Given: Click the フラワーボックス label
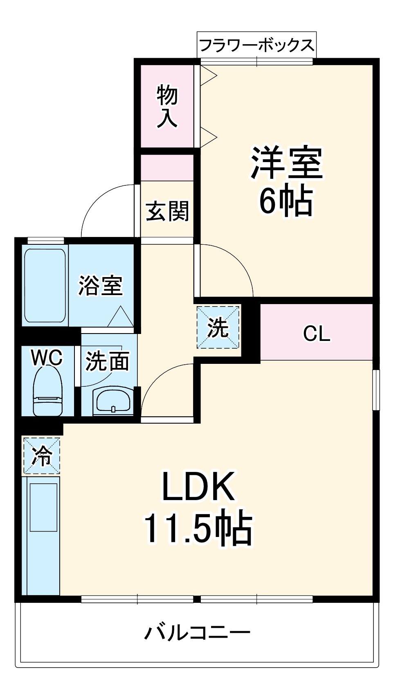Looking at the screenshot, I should point(256,45).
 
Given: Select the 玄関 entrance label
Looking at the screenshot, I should point(168,211).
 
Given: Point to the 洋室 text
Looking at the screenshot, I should point(287,162).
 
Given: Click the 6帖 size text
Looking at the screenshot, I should point(286,201).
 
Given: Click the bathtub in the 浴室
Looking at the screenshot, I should point(45,285).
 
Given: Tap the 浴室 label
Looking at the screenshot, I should point(101,285).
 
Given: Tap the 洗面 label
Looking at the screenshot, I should point(107,361).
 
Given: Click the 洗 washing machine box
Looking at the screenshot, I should point(218,327).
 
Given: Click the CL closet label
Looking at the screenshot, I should point(317,334).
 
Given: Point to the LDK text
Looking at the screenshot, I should point(199,487).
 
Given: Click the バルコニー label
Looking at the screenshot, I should point(197,633).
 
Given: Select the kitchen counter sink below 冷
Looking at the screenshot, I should point(43,508).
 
